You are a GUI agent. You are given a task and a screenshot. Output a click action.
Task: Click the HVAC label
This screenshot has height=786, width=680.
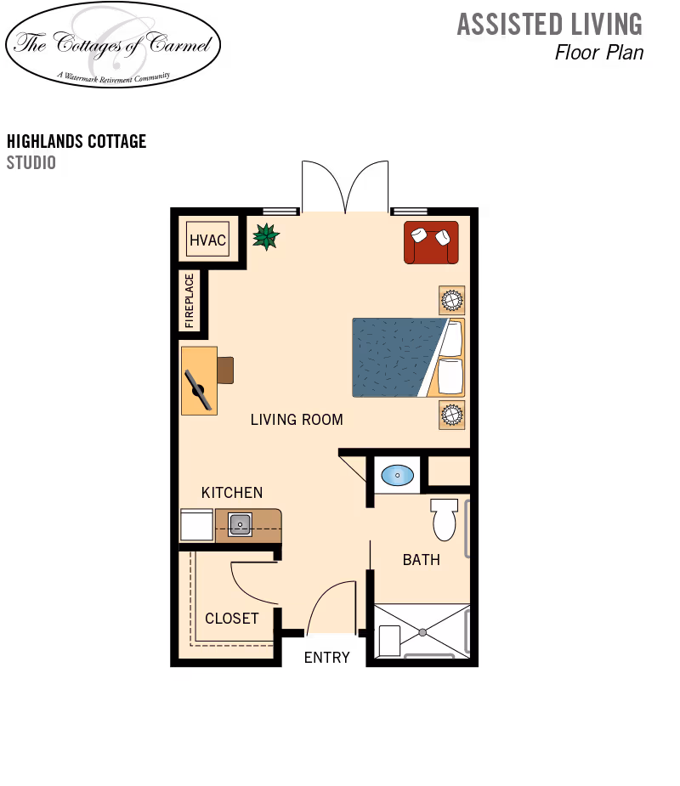[x=207, y=240]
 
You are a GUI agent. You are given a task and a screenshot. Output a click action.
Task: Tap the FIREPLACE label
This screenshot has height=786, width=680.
[x=189, y=301]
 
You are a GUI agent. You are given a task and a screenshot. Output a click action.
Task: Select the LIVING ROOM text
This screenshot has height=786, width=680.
[x=297, y=420]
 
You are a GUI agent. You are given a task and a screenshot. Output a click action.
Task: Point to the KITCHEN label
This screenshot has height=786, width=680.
[x=232, y=493]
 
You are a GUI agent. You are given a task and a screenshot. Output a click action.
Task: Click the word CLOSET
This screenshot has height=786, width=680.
[x=232, y=619]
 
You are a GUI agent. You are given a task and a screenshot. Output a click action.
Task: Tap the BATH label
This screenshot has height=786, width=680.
[x=422, y=560]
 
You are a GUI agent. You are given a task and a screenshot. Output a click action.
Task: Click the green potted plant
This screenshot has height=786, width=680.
[x=266, y=236]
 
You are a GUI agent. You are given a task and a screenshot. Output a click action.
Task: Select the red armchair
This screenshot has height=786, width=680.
[x=431, y=242]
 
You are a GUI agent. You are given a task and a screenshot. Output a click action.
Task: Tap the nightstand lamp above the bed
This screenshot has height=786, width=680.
[x=452, y=300]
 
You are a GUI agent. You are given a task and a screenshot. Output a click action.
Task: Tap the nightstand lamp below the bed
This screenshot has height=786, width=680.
[x=452, y=415]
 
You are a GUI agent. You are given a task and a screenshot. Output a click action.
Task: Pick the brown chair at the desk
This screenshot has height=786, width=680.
[x=225, y=370]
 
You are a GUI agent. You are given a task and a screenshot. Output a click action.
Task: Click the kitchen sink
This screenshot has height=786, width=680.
[x=240, y=525]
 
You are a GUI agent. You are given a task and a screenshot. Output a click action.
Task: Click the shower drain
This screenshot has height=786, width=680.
[x=422, y=632]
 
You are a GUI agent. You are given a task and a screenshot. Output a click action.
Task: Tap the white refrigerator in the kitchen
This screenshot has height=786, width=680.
[x=196, y=524]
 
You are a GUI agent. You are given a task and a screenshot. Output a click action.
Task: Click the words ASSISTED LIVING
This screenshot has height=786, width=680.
[x=550, y=25]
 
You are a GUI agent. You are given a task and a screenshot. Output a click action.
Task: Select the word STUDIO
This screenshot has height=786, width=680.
[x=31, y=162]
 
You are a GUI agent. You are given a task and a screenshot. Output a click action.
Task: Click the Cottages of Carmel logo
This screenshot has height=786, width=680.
[x=113, y=42]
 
